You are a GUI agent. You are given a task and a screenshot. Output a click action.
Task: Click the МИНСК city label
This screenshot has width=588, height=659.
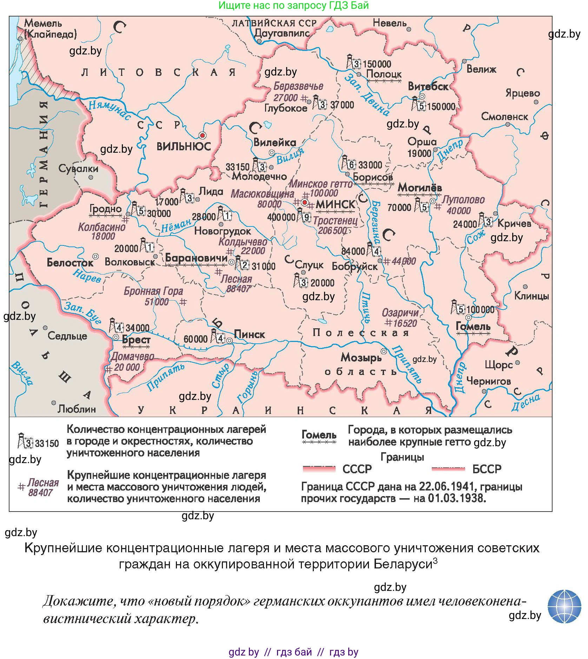click(336, 204)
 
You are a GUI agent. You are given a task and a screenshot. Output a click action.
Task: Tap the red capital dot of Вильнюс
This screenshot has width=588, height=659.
click(202, 135)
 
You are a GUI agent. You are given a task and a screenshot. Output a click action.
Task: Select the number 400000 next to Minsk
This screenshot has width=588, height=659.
click(281, 217)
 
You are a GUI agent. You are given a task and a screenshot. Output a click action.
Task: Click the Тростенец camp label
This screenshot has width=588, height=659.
click(335, 221)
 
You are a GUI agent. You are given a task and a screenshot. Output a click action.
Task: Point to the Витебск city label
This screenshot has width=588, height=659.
click(428, 87)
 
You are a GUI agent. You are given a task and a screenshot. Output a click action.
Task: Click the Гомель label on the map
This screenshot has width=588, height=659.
click(473, 327)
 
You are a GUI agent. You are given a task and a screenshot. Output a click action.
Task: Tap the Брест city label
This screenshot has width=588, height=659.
click(136, 340)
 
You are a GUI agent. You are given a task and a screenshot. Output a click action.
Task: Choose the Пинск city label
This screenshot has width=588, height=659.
click(249, 335)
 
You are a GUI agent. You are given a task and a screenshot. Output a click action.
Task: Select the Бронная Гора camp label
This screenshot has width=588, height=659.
click(153, 291)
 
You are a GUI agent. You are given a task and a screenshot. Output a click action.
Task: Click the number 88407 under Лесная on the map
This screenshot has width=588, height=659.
click(239, 289)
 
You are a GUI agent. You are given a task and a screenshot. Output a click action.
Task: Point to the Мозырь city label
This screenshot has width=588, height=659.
click(361, 358)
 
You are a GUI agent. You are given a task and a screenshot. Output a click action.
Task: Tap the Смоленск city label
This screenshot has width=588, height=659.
click(504, 117)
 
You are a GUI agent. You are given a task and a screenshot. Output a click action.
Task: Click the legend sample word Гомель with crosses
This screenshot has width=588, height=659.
click(319, 435)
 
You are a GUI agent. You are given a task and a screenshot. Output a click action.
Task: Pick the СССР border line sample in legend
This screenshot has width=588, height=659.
click(319, 469)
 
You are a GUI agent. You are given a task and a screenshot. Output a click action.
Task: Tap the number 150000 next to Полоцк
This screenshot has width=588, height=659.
click(377, 64)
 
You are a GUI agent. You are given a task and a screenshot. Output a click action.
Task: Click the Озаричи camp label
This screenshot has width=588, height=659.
click(400, 313)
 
